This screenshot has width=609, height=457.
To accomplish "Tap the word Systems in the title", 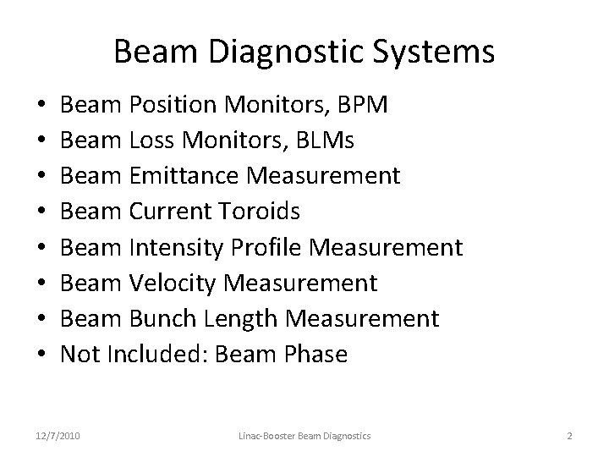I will point(436,52).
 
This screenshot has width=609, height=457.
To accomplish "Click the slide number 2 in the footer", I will point(569,435).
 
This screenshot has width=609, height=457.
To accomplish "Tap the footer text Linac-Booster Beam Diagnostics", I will point(304,435).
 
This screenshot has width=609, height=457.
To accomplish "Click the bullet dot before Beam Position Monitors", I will point(42,106).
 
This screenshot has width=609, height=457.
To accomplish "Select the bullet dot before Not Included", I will point(42,355).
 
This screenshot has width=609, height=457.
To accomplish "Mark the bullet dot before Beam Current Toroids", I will point(42,212).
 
